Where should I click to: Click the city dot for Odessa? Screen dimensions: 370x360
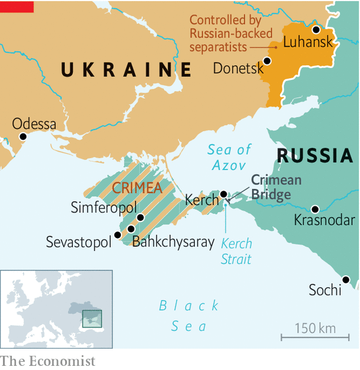[23, 136]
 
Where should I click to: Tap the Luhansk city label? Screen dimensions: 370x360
[308, 43]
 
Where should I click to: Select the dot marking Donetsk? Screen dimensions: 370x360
[267, 60]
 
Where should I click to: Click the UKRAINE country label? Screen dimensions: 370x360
[127, 70]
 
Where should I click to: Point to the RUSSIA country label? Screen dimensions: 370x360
[315, 156]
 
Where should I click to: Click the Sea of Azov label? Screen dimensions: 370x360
[230, 157]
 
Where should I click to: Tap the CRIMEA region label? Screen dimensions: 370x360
[137, 188]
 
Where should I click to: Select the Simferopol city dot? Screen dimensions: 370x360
[140, 217]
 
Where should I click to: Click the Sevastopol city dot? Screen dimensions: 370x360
[117, 235]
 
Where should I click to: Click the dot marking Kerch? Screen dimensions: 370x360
[223, 194]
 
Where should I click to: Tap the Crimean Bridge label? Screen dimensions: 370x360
[276, 187]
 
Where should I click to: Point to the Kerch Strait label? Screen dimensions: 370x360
[236, 251]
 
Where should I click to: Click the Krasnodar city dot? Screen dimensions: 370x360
[315, 208]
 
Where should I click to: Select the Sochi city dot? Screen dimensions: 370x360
[346, 279]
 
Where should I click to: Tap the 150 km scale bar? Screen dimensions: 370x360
[315, 337]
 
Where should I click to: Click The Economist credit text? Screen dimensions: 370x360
[47, 361]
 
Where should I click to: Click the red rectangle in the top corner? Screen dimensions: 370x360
[17, 7]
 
